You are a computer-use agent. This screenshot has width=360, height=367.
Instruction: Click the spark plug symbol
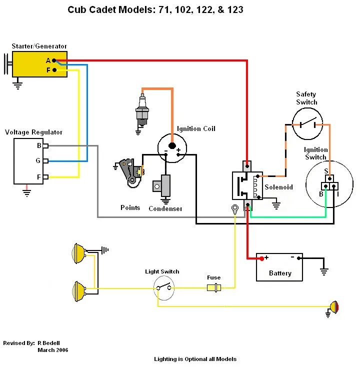(x=142, y=109)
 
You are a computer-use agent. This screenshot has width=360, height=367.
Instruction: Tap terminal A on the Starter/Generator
(x=54, y=60)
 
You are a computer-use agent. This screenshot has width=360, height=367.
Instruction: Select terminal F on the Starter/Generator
(x=54, y=69)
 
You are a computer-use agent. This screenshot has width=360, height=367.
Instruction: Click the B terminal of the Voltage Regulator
(x=45, y=146)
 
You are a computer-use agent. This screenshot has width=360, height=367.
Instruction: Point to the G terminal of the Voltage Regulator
(x=45, y=161)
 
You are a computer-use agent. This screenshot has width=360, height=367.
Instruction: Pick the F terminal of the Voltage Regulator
(x=45, y=177)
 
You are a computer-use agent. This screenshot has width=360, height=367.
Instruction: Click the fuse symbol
(x=214, y=287)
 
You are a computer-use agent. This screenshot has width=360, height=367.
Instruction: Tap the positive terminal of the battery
(x=262, y=258)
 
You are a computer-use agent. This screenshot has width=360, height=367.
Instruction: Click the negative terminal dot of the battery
(x=298, y=258)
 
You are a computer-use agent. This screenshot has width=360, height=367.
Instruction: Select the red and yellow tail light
(x=334, y=307)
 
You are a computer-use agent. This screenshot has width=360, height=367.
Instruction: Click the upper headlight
(x=78, y=253)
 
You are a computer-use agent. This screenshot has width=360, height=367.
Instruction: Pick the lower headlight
(x=78, y=291)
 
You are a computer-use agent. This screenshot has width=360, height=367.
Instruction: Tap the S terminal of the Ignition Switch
(x=330, y=178)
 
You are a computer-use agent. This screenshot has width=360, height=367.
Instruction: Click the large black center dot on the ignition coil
(x=172, y=145)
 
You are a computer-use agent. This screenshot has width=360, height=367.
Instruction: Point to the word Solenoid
(x=279, y=187)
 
